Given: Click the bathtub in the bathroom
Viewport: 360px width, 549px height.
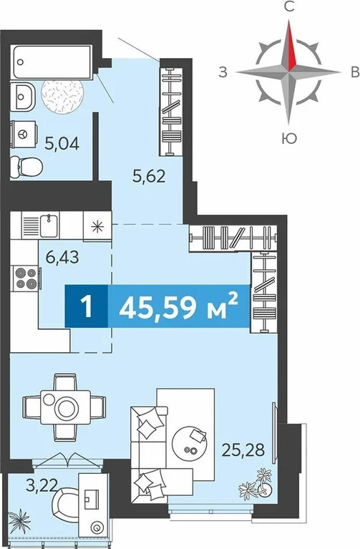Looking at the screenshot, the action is coord(52,62).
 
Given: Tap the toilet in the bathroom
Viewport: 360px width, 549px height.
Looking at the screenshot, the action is coord(26,167).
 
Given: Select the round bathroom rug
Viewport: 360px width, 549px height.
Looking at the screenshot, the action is coord(62,96).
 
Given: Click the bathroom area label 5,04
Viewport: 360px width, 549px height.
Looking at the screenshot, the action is coord(62,143).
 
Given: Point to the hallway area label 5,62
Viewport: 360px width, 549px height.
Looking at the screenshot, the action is coord(148,176).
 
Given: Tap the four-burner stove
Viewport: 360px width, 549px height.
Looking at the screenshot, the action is coord(26,278).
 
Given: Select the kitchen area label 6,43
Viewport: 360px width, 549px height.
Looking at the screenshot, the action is coord(62,258).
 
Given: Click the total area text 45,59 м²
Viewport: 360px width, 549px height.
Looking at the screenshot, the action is coord(179,306).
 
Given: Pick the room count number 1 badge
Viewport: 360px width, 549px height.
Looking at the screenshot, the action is coord(86,306).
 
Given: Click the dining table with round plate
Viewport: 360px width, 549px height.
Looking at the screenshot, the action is coord(65,407).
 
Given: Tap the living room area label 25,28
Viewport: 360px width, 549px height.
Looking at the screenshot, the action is coord(243,450).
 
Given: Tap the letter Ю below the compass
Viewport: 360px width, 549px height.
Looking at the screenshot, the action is coord(289,139).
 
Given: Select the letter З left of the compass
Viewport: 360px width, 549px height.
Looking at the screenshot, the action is coord(223,72).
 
